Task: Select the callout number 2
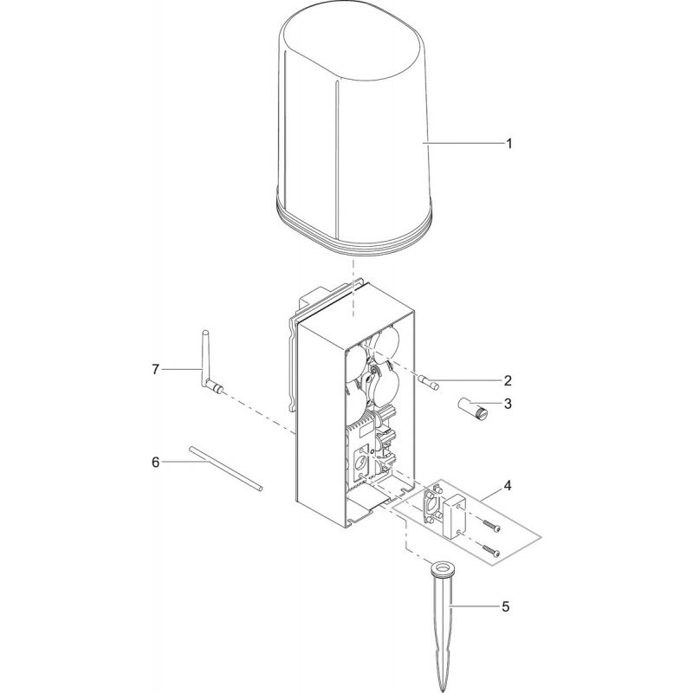point(508,380)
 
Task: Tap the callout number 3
point(508,404)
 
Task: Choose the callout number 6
point(156,463)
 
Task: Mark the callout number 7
point(156,370)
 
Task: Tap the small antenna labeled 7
point(208,364)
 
